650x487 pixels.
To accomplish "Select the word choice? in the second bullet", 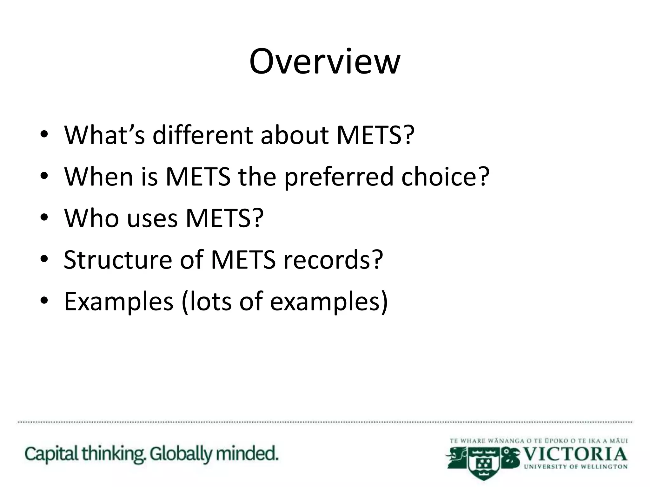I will [x=445, y=177].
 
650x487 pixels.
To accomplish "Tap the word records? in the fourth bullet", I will [x=333, y=260].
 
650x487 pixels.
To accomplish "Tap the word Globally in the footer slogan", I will [x=181, y=454].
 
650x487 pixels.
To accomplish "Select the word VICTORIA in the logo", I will [x=575, y=455].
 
